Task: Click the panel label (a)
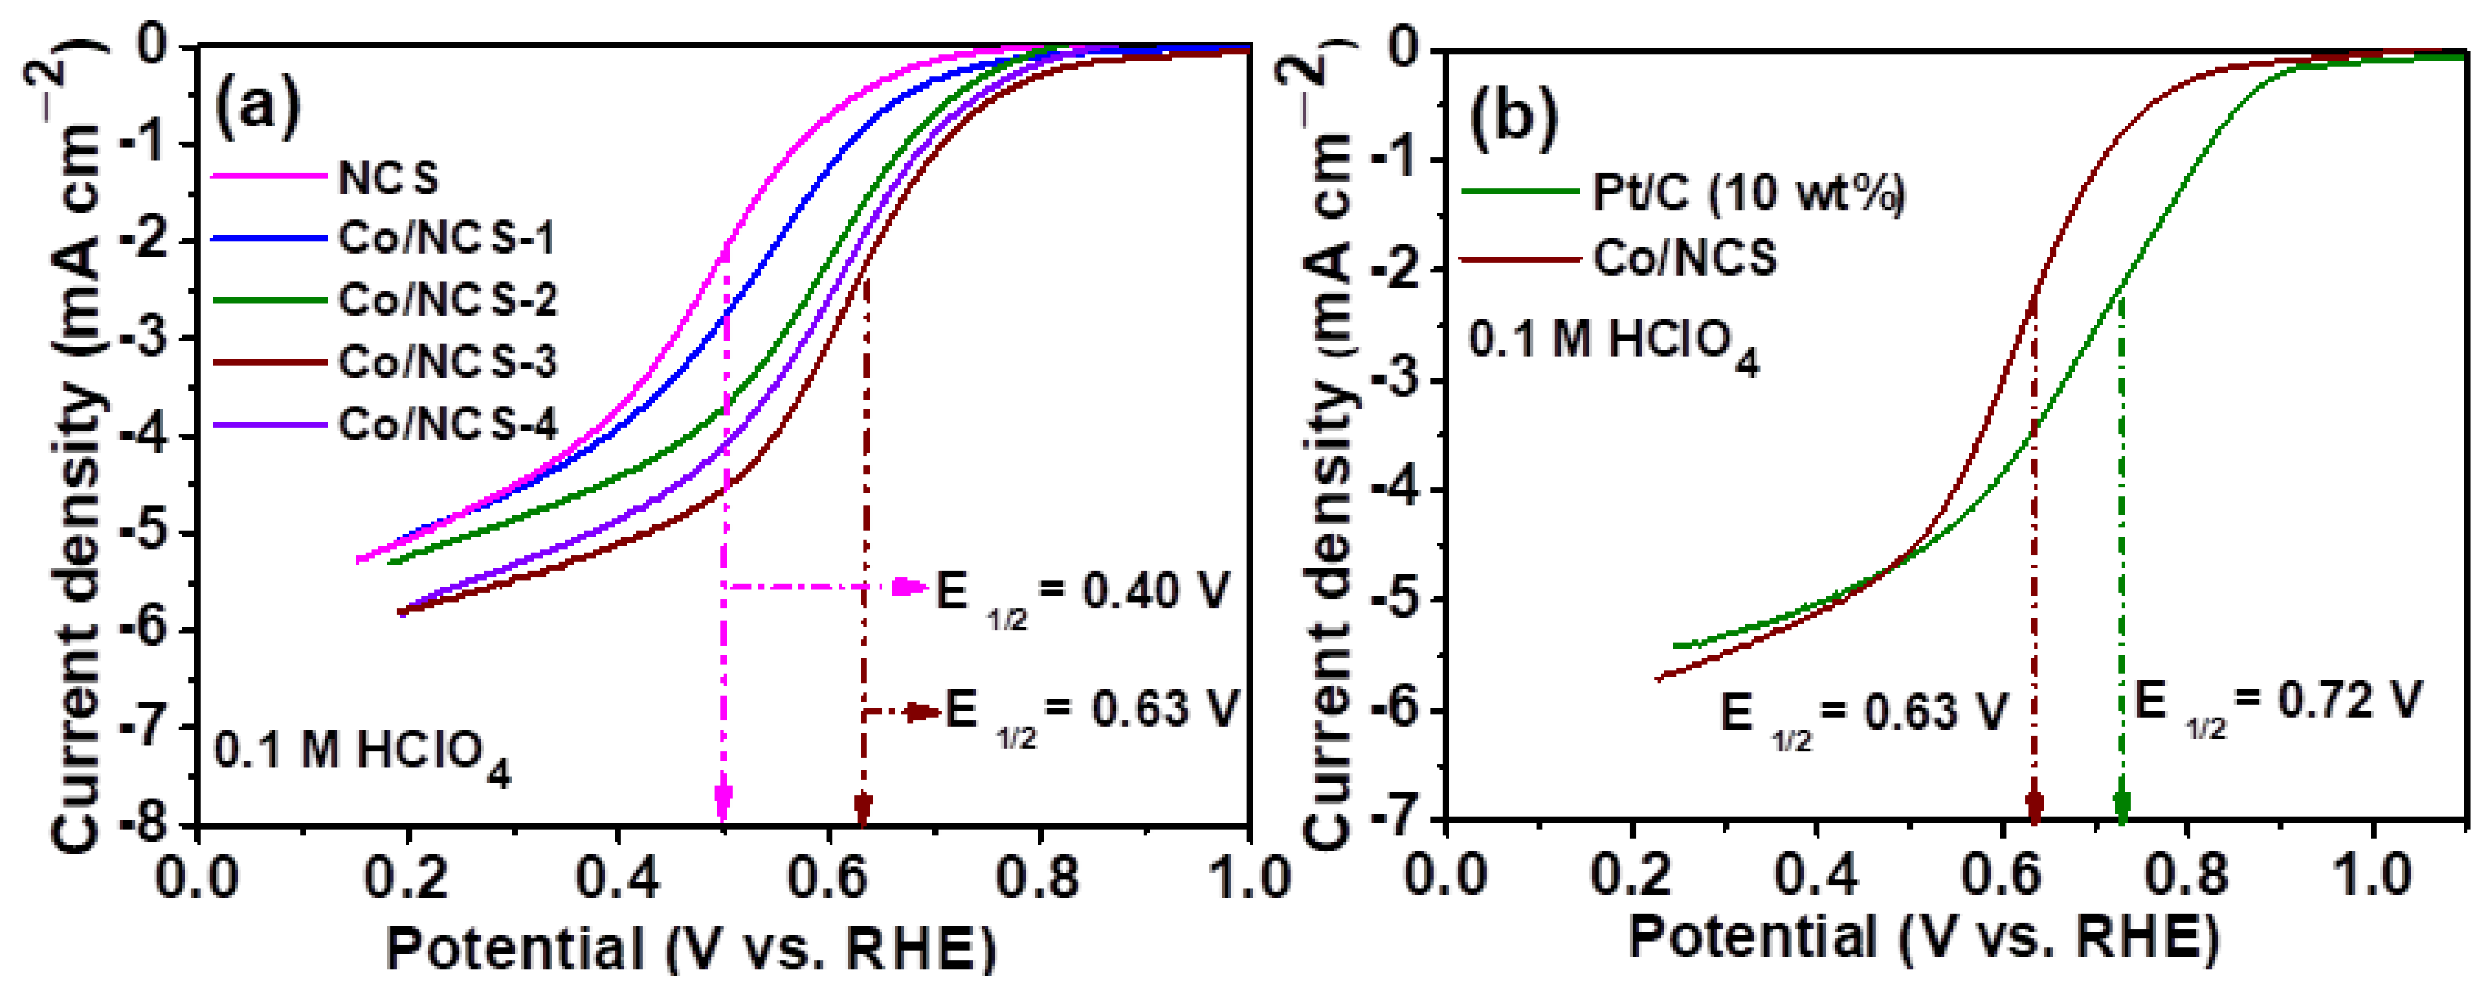click(257, 106)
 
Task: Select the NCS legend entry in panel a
click(387, 178)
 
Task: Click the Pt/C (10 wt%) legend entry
click(1747, 192)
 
